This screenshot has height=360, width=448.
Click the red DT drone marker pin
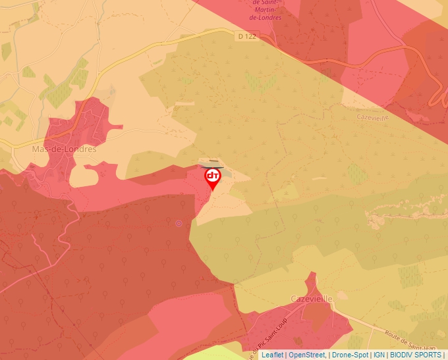click(x=212, y=177)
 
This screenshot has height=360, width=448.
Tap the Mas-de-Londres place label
click(x=64, y=149)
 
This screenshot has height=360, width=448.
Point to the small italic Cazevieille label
click(x=373, y=116)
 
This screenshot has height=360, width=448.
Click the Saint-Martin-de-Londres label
click(x=267, y=10)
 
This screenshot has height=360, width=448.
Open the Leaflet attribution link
click(x=272, y=355)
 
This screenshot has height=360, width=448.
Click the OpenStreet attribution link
click(x=306, y=355)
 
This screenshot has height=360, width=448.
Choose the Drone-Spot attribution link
click(x=350, y=355)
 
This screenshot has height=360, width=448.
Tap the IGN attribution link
click(x=379, y=355)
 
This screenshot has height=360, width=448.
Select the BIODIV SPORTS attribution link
click(x=416, y=355)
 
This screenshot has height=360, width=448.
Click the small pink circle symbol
click(x=179, y=224)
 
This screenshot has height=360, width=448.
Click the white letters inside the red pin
click(x=212, y=175)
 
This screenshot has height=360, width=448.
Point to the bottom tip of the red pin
click(x=212, y=191)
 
